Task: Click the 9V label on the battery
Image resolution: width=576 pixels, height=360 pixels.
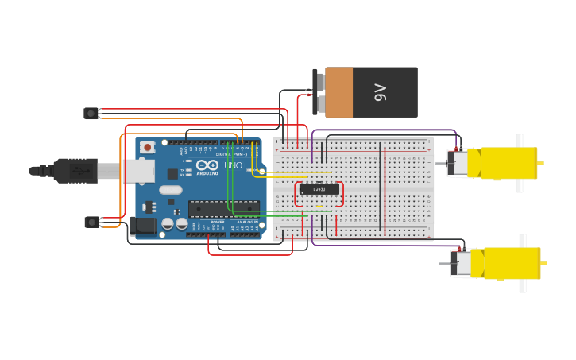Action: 380,92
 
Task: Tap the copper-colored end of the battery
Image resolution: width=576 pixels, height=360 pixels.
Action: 338,92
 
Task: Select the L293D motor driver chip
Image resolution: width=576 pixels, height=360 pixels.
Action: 319,189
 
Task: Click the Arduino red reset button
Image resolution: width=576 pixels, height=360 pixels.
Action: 148,147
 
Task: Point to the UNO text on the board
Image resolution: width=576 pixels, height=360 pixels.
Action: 233,165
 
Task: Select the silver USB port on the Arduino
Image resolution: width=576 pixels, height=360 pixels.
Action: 136,170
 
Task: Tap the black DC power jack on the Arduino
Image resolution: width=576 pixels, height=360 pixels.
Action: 144,226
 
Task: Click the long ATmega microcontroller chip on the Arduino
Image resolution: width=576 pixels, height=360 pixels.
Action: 223,208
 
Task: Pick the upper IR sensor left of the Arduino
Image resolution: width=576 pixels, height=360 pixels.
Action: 91,114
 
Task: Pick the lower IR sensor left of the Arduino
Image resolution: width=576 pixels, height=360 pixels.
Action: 91,222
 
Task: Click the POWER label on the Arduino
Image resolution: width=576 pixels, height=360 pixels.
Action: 217,222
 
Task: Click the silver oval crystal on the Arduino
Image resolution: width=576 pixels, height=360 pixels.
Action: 171,190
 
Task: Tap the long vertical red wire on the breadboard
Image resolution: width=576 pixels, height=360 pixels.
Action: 385,191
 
